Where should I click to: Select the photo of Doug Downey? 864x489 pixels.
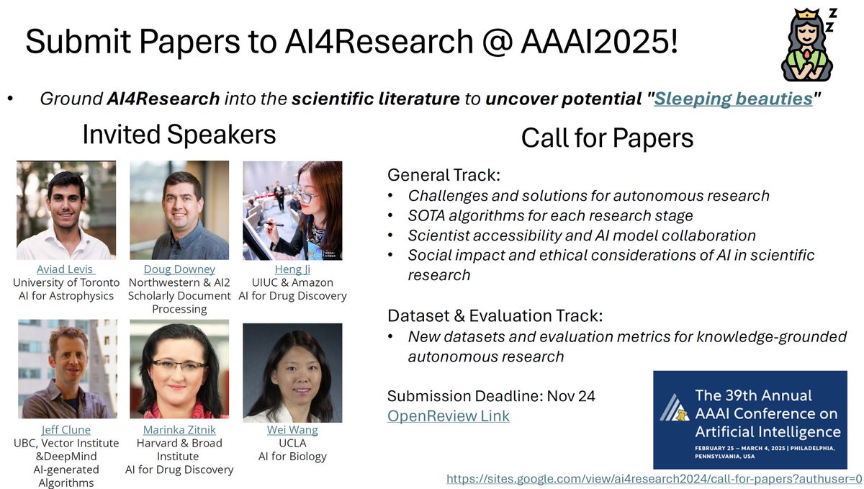[x=179, y=210]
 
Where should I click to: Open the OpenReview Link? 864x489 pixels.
[x=448, y=416]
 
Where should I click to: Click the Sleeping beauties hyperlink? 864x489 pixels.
[x=733, y=99]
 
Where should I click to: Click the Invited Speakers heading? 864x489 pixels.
[x=179, y=134]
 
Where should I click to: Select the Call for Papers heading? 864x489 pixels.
[x=608, y=137]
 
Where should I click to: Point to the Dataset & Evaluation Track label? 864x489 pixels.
[x=495, y=315]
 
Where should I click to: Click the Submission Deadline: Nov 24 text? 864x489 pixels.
[x=491, y=396]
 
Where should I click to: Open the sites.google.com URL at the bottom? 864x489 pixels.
[x=654, y=478]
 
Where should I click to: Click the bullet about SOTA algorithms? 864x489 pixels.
[x=551, y=215]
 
